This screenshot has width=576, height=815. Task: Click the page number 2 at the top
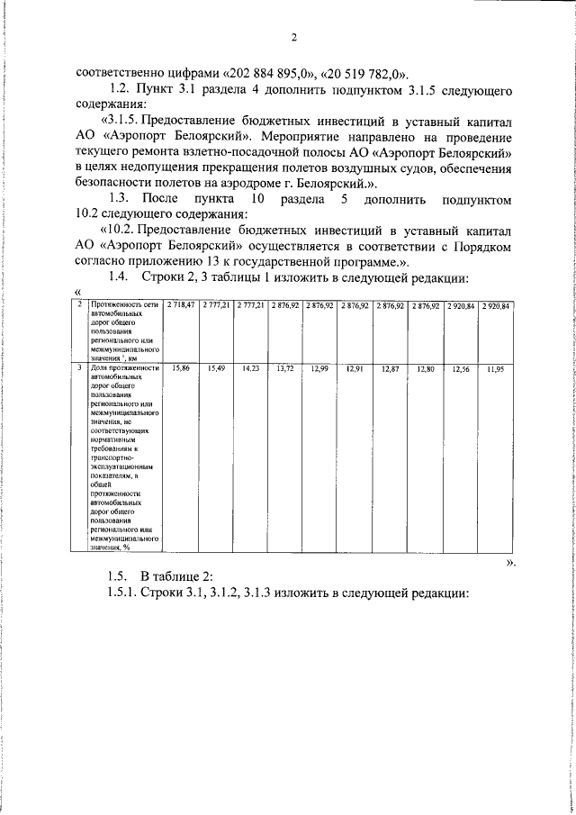pyautogui.click(x=293, y=37)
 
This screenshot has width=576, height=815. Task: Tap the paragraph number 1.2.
pyautogui.click(x=120, y=91)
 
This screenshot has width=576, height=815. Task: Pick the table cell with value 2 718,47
pyautogui.click(x=180, y=306)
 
